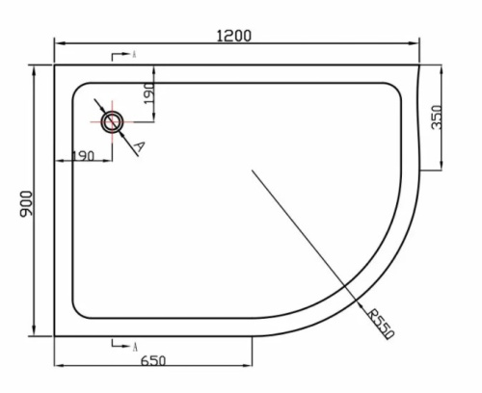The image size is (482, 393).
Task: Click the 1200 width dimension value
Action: [x=234, y=36]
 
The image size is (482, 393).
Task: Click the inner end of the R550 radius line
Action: [x=253, y=170]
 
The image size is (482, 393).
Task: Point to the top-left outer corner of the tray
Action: [x=55, y=65]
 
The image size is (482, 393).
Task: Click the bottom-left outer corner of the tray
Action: [x=55, y=336]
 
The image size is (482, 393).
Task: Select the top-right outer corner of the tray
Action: [x=419, y=65]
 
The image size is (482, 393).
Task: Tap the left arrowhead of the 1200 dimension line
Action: [x=57, y=44]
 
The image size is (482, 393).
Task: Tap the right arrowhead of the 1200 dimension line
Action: [x=417, y=44]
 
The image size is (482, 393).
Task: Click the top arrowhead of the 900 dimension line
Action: [x=36, y=66]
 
